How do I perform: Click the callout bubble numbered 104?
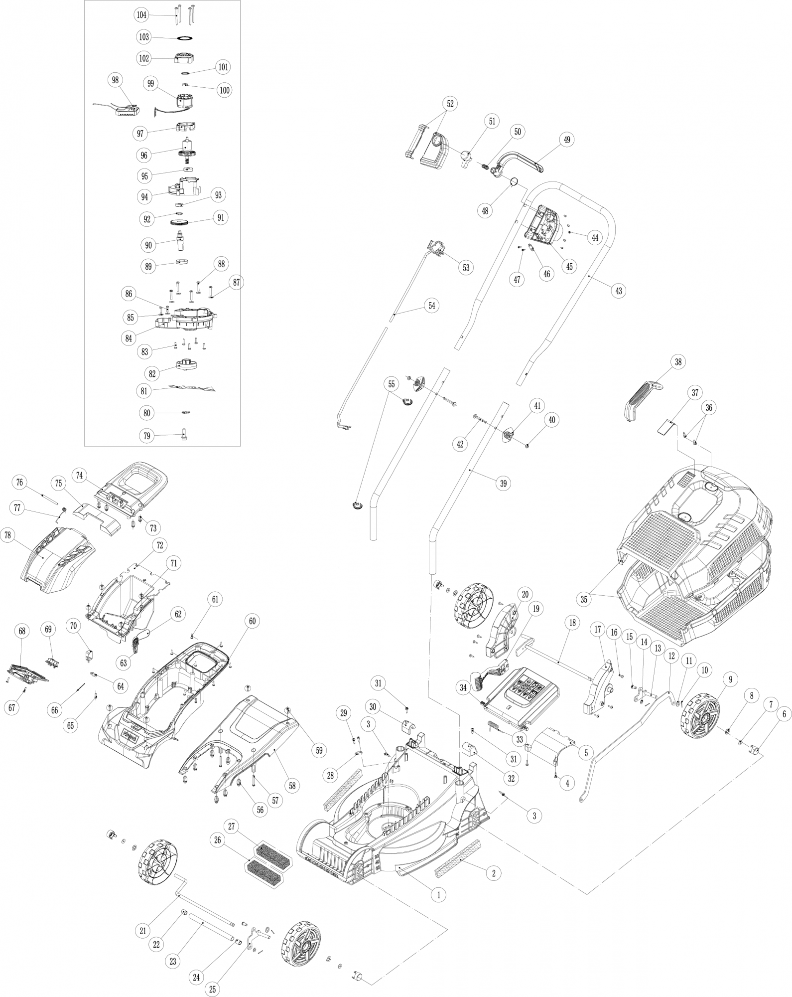[141, 15]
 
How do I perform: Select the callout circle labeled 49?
[566, 140]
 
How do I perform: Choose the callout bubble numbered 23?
[173, 961]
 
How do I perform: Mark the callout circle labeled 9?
[730, 678]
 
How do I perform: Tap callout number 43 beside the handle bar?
[619, 291]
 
